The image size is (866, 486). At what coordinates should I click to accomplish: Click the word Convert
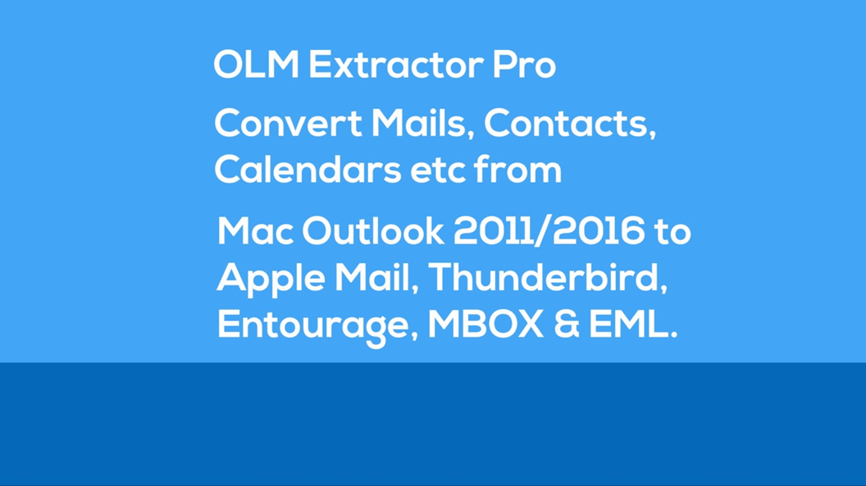click(288, 124)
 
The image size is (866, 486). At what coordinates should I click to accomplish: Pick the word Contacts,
click(569, 124)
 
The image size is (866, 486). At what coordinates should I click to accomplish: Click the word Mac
click(255, 233)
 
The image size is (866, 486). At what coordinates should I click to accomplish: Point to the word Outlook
click(372, 233)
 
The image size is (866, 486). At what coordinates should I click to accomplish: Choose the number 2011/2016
click(549, 233)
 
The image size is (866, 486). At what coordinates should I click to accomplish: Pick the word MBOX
click(485, 325)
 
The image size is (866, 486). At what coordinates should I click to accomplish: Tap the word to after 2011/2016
click(672, 233)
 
